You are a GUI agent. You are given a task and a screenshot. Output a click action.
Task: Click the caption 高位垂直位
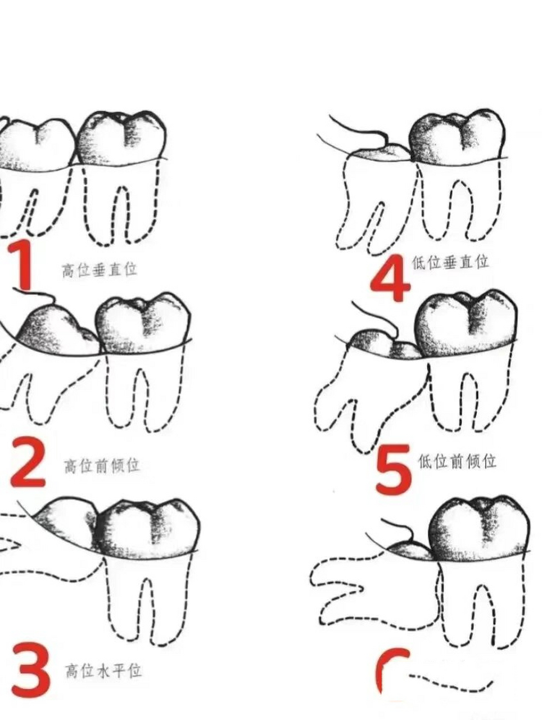pyautogui.click(x=100, y=269)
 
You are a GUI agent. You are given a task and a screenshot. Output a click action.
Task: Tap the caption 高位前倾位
pyautogui.click(x=102, y=465)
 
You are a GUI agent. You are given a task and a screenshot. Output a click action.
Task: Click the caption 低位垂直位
pyautogui.click(x=450, y=262)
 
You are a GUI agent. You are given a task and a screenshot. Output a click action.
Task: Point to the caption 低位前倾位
pyautogui.click(x=457, y=461)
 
